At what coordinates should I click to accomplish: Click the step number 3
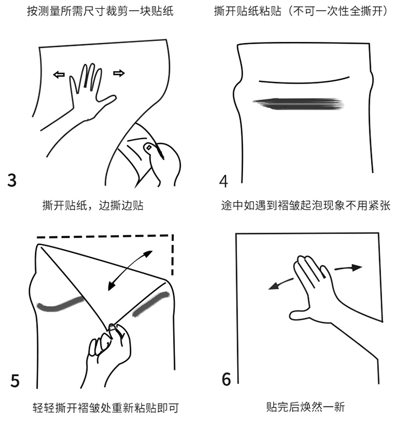click(x=12, y=180)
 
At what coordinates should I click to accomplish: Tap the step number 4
click(x=224, y=181)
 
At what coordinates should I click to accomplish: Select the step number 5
click(x=15, y=381)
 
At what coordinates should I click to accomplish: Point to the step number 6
click(x=226, y=379)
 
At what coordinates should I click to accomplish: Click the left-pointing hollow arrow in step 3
click(x=59, y=74)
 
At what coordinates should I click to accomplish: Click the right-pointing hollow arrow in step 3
click(x=119, y=73)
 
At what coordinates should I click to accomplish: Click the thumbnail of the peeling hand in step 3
click(x=148, y=148)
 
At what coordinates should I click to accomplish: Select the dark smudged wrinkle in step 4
click(x=298, y=104)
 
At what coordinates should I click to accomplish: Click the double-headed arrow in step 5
click(x=130, y=271)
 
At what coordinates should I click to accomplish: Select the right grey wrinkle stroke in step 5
click(x=151, y=304)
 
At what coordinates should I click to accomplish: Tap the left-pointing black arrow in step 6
click(x=281, y=284)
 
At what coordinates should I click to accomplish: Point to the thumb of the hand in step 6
click(x=300, y=315)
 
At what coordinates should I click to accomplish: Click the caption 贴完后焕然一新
click(x=306, y=407)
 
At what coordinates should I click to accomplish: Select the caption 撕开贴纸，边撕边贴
click(x=93, y=205)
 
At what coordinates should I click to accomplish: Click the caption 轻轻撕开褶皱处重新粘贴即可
click(x=106, y=408)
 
